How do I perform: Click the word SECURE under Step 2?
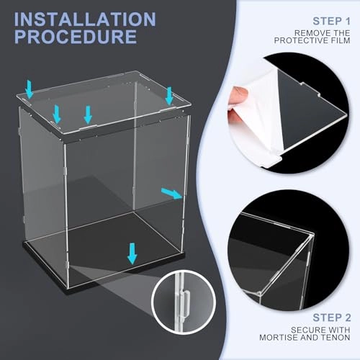(x=312, y=329)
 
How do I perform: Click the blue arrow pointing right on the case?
(x=171, y=192)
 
